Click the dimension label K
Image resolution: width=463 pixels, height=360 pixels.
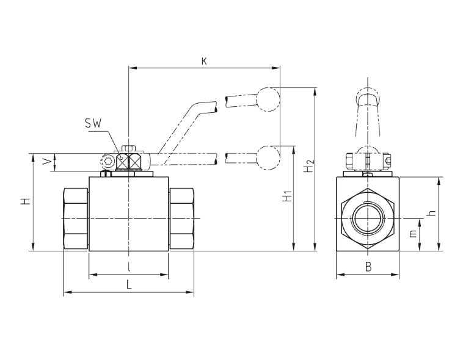[x=204, y=62]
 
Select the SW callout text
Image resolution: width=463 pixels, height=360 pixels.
[x=93, y=123]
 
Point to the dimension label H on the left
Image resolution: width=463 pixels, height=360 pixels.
[x=26, y=201]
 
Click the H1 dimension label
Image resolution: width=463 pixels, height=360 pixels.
[x=287, y=196]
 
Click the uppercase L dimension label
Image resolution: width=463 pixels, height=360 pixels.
[x=129, y=285]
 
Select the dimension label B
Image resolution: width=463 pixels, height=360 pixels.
[x=368, y=267]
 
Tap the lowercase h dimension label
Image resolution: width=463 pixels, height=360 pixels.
[x=432, y=212]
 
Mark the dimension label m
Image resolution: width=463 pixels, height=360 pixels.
[x=413, y=234]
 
